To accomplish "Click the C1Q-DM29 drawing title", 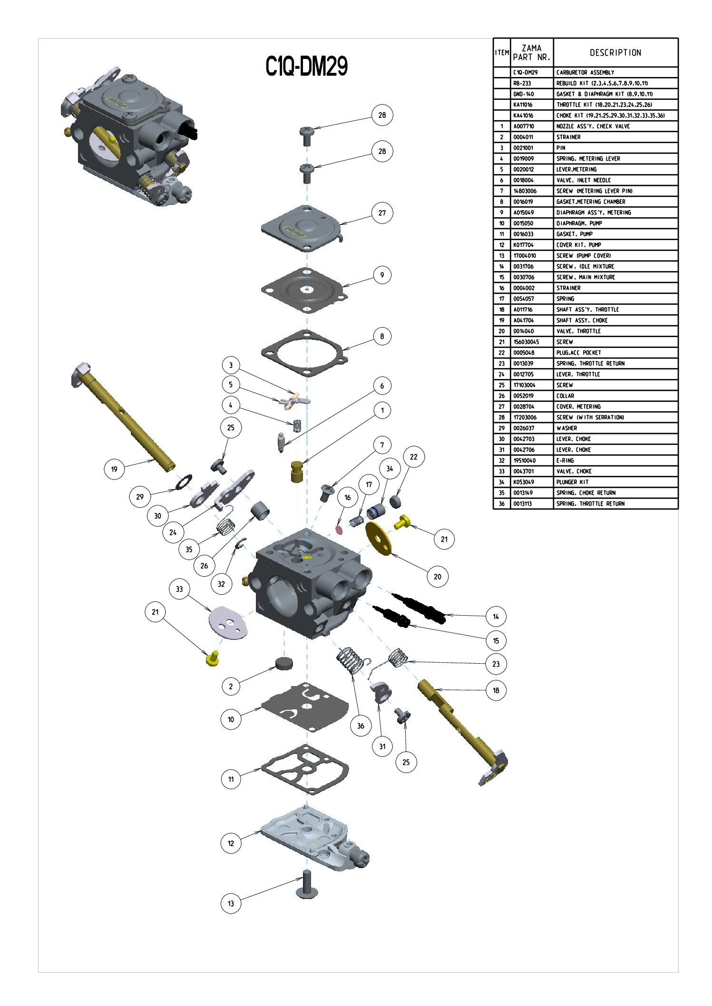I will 306,66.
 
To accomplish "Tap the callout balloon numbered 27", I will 382,213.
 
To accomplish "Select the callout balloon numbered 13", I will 231,903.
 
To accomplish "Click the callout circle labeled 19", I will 114,469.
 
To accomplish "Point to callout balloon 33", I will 179,589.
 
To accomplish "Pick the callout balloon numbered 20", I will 438,577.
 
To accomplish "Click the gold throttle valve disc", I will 379,538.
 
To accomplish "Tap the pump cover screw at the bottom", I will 306,885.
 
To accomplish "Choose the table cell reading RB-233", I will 522,83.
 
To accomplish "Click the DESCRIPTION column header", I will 615,53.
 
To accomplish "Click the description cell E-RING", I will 565,461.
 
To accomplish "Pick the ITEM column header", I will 502,53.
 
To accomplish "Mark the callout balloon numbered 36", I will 361,725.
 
